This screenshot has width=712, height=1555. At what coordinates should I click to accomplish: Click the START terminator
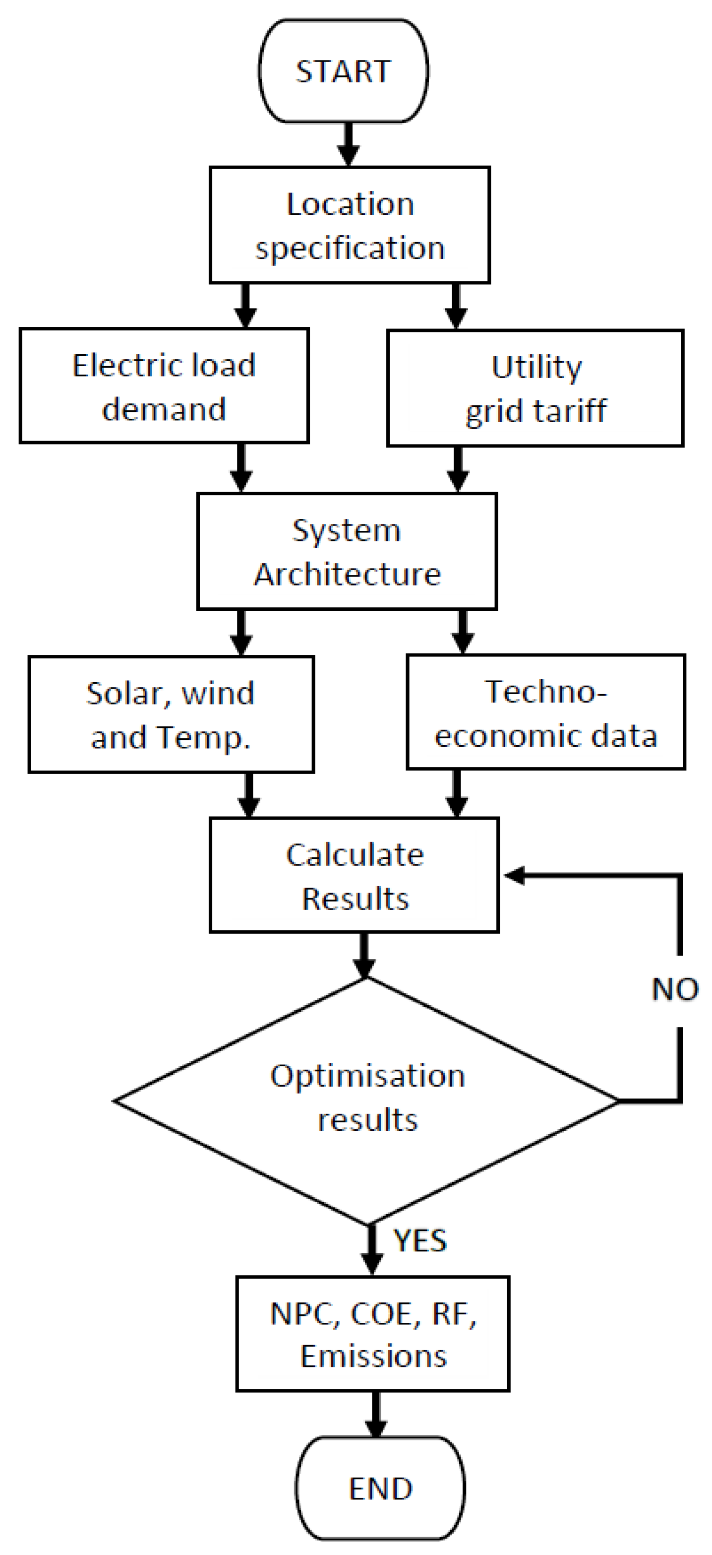click(343, 71)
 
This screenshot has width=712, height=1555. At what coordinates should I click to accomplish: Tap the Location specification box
click(350, 225)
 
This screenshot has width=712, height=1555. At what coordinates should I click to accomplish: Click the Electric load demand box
click(164, 387)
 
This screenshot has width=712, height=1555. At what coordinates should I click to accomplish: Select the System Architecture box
click(347, 551)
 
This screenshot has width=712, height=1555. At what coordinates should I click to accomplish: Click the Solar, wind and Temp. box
click(171, 714)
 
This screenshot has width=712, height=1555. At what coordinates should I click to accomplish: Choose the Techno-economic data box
click(546, 713)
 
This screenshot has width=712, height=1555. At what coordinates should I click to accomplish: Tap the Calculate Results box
click(354, 875)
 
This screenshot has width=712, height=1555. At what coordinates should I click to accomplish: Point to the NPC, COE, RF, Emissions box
click(373, 1334)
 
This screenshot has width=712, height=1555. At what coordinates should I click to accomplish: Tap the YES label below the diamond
click(420, 1241)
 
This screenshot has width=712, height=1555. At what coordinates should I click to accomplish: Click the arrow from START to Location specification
click(348, 145)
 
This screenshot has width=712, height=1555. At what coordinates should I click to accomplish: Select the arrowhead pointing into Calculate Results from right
click(515, 875)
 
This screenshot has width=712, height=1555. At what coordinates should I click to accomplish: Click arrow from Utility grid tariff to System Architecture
click(458, 470)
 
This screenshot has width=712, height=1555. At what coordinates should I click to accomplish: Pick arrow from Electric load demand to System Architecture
click(241, 468)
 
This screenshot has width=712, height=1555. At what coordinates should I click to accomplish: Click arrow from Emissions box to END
click(376, 1415)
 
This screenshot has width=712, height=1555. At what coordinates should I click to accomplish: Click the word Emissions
click(373, 1357)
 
